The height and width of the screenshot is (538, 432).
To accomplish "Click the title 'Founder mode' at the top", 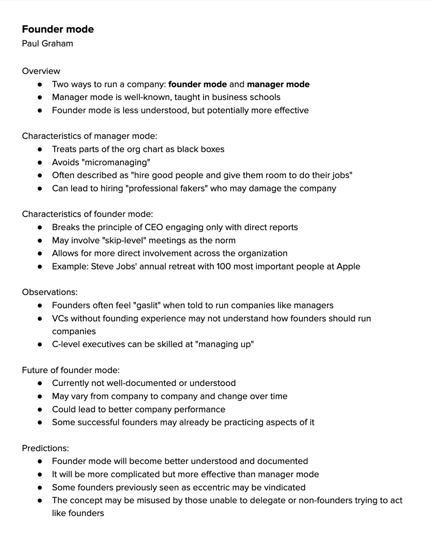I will (x=58, y=30).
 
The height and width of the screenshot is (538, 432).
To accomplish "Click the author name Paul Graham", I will (x=48, y=43).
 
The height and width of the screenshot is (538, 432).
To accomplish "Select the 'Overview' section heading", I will (x=41, y=71).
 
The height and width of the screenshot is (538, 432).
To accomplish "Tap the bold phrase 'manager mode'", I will (x=278, y=84).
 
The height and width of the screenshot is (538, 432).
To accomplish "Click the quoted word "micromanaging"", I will (x=118, y=162).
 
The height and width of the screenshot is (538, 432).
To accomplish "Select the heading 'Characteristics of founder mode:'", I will (x=87, y=214).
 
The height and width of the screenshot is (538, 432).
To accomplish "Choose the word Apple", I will (x=347, y=266).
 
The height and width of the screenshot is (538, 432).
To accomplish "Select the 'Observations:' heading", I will (x=50, y=292).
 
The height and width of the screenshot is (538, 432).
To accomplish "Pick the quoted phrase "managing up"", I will (x=226, y=344).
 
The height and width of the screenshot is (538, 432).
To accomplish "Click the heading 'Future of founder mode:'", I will (x=71, y=370).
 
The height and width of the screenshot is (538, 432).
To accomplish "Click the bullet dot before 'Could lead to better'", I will (x=40, y=409).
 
